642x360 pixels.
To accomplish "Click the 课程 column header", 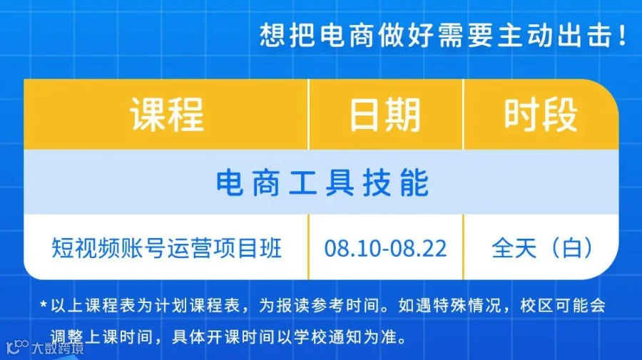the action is [x=167, y=115].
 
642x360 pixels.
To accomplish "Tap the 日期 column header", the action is [x=385, y=115].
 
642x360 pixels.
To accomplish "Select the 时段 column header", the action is [x=541, y=115].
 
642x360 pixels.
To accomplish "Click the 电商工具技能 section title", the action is [x=322, y=183].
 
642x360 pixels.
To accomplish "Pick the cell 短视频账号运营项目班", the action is [x=167, y=248].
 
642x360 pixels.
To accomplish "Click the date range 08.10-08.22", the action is [x=385, y=248].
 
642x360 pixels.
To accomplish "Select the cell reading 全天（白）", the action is [x=542, y=248].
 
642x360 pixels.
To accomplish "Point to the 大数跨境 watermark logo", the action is [x=45, y=347].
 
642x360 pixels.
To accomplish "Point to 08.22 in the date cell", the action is [x=418, y=248].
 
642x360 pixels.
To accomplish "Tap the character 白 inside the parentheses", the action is [x=572, y=248].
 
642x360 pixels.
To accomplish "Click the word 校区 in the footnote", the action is [x=536, y=305].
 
